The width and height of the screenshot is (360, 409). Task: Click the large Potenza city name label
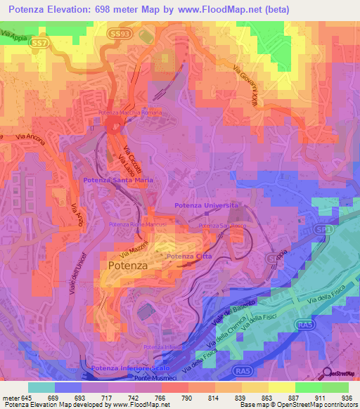(128, 266)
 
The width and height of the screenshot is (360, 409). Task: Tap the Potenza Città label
(188, 257)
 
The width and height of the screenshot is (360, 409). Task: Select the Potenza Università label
(207, 205)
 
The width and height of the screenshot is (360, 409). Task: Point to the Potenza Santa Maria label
(118, 181)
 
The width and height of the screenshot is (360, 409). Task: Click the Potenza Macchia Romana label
(130, 112)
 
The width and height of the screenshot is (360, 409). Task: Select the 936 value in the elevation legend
(335, 397)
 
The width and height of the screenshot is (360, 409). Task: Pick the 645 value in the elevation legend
(26, 397)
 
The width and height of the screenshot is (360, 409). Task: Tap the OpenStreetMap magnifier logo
(325, 374)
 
